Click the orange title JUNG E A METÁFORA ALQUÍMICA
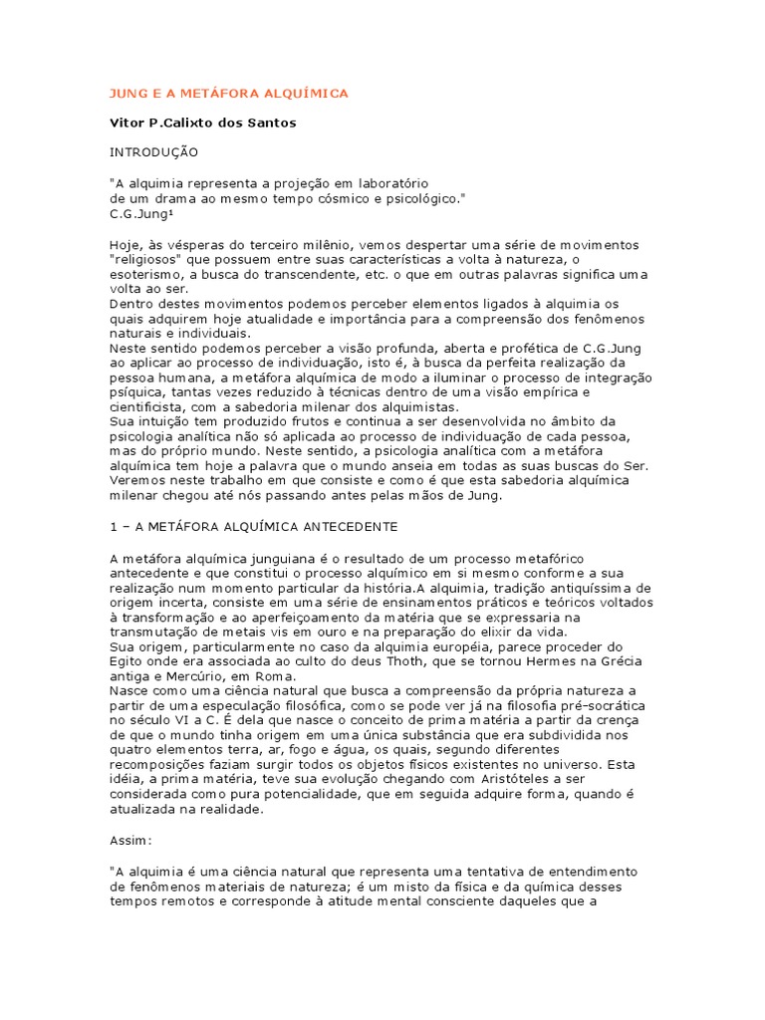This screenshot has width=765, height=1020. (228, 94)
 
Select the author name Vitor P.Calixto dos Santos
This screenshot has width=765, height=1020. (202, 123)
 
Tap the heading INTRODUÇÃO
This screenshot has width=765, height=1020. (153, 152)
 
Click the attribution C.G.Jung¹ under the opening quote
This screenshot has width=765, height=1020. (140, 213)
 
